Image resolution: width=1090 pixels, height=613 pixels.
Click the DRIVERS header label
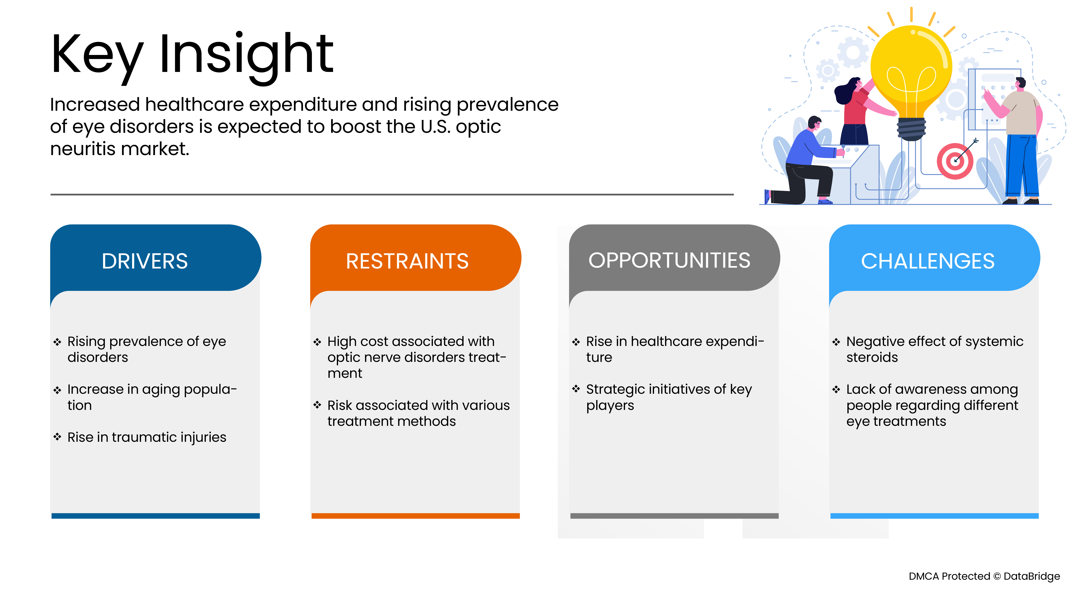pyautogui.click(x=145, y=261)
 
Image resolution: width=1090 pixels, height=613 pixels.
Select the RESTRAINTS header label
pyautogui.click(x=407, y=261)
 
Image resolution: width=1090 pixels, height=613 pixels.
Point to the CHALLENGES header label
pyautogui.click(x=928, y=261)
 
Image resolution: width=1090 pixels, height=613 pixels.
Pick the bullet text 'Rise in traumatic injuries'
pyautogui.click(x=147, y=437)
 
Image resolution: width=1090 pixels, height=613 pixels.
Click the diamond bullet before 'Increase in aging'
pyautogui.click(x=57, y=390)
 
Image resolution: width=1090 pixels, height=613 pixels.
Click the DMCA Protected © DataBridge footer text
pyautogui.click(x=984, y=576)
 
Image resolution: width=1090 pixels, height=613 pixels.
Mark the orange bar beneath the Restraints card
pyautogui.click(x=416, y=516)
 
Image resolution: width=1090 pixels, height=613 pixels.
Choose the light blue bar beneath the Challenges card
pyautogui.click(x=934, y=516)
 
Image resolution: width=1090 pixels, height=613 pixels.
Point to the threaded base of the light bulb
pyautogui.click(x=911, y=129)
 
